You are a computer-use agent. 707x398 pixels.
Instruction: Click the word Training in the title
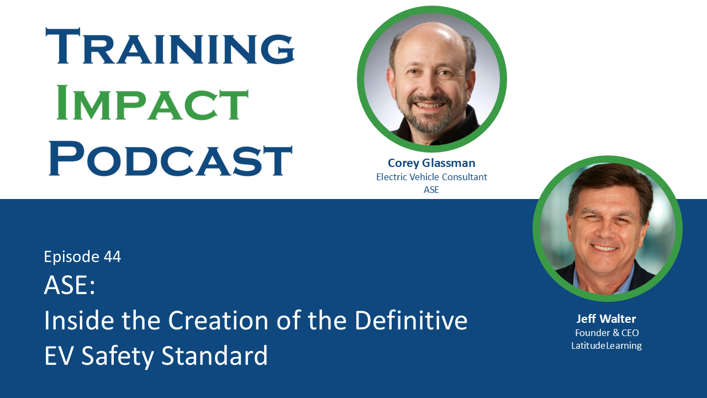point(170,46)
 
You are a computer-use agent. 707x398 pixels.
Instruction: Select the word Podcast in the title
point(170,159)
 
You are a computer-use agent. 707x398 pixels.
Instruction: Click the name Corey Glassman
point(431,163)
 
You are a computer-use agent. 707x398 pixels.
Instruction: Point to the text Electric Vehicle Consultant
point(431,177)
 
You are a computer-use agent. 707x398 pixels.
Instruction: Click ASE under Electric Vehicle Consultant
point(431,190)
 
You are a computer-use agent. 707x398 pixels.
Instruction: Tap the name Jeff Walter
point(606,319)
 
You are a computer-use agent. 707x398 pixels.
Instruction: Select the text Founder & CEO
point(606,333)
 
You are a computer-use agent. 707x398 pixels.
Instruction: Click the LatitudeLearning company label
point(606,346)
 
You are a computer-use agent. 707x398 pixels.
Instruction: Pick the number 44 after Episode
point(112,257)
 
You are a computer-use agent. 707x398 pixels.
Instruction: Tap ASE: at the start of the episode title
point(70,286)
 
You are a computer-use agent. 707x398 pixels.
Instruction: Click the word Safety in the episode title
point(118,356)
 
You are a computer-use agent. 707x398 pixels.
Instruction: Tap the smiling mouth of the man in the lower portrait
point(604,247)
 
